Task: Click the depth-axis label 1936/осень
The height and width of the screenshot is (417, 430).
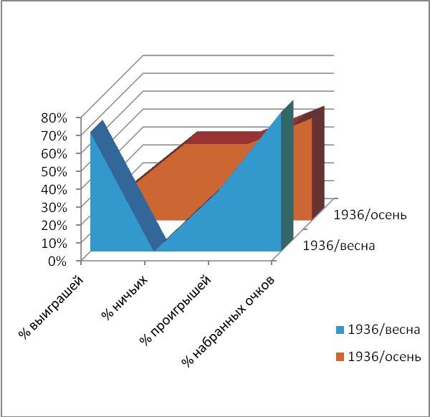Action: click(371, 214)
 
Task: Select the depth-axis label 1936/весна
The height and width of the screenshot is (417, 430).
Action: click(340, 246)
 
